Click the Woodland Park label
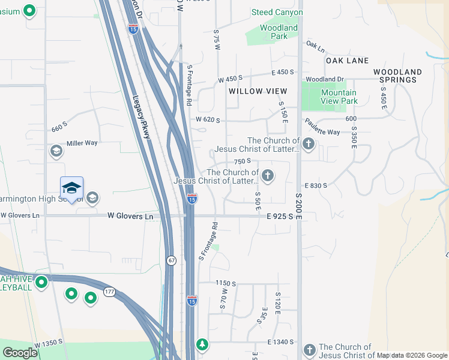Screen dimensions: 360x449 coord(279,32)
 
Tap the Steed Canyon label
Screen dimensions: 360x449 coord(277,12)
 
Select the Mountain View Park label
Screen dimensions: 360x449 coord(339,97)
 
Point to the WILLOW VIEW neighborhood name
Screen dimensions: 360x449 coord(258,91)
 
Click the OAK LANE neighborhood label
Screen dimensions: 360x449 coord(347,61)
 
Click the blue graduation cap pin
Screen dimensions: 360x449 coord(71,188)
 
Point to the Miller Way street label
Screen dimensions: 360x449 coord(82,143)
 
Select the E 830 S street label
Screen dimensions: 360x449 coord(316,186)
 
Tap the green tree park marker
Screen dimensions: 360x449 coord(203,344)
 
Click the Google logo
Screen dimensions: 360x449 coord(20,352)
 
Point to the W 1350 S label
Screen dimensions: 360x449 coord(49,344)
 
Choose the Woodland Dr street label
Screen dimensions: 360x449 coord(324,79)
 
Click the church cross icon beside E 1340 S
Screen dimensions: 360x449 coord(309,349)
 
